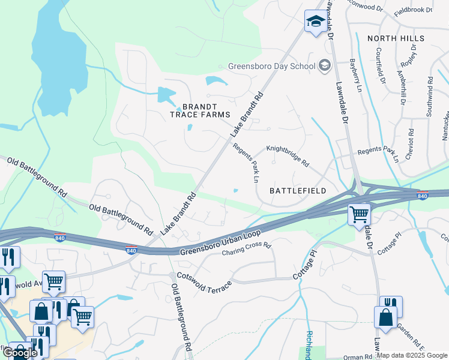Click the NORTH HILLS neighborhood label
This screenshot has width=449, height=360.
click(x=396, y=38)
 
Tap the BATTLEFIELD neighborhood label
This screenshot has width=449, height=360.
click(x=298, y=191)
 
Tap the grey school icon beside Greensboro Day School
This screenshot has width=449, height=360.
click(x=325, y=65)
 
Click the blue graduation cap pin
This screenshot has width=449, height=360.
click(x=315, y=23)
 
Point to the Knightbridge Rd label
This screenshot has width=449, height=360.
click(x=288, y=155)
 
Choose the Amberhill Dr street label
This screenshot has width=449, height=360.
click(x=400, y=82)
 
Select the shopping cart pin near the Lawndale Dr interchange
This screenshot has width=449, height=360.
click(x=360, y=214)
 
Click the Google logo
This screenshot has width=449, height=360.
click(x=20, y=353)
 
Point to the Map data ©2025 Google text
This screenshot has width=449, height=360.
click(x=412, y=355)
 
